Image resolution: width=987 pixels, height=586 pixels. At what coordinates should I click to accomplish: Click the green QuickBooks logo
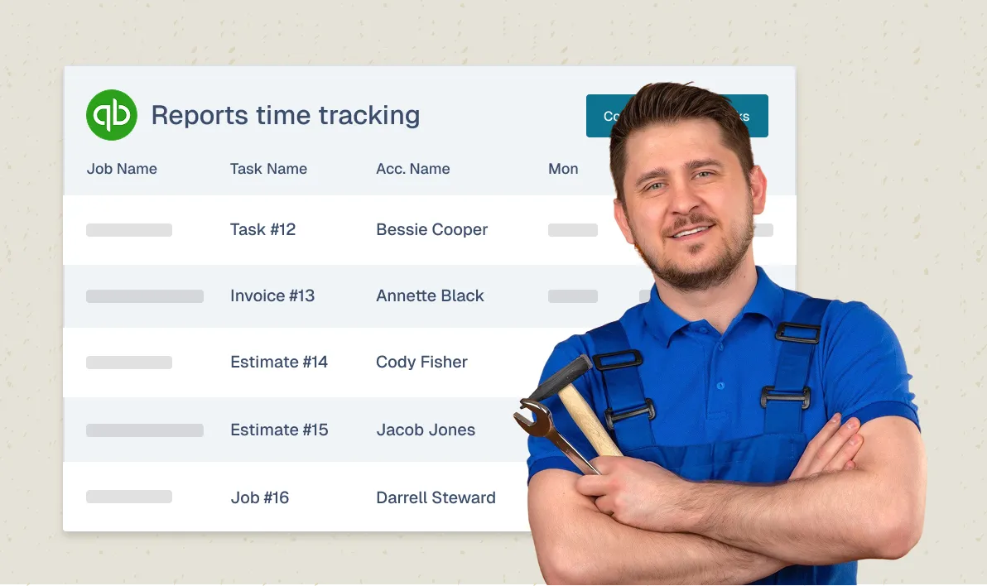click(x=111, y=115)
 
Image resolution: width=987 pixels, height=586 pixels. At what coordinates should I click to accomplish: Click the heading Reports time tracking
click(x=285, y=115)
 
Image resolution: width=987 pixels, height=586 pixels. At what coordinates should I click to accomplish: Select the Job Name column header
click(x=122, y=169)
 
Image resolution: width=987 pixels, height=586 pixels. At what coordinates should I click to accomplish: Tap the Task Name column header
click(x=268, y=169)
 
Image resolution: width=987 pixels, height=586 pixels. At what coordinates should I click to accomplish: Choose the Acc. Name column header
click(x=412, y=169)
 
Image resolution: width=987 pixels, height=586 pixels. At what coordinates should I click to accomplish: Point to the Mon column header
click(x=563, y=169)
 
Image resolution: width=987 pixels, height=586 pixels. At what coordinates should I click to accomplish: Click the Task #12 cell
click(x=262, y=229)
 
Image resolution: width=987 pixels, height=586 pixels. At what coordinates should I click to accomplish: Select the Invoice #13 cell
click(x=272, y=295)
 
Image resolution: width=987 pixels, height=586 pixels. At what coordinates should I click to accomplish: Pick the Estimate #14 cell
click(x=279, y=362)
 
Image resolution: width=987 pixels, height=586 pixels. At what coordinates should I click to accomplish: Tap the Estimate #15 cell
click(x=279, y=430)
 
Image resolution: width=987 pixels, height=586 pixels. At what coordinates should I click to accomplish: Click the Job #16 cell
click(x=260, y=497)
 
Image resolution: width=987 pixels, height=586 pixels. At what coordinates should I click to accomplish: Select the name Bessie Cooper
click(x=431, y=229)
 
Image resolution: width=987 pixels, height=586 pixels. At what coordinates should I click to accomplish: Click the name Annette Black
click(x=430, y=295)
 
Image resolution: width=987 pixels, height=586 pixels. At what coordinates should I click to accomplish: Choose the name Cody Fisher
click(x=421, y=362)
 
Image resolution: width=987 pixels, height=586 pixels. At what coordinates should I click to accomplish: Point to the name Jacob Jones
click(x=426, y=430)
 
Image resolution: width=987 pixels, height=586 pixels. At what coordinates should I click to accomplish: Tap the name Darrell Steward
click(x=436, y=497)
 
